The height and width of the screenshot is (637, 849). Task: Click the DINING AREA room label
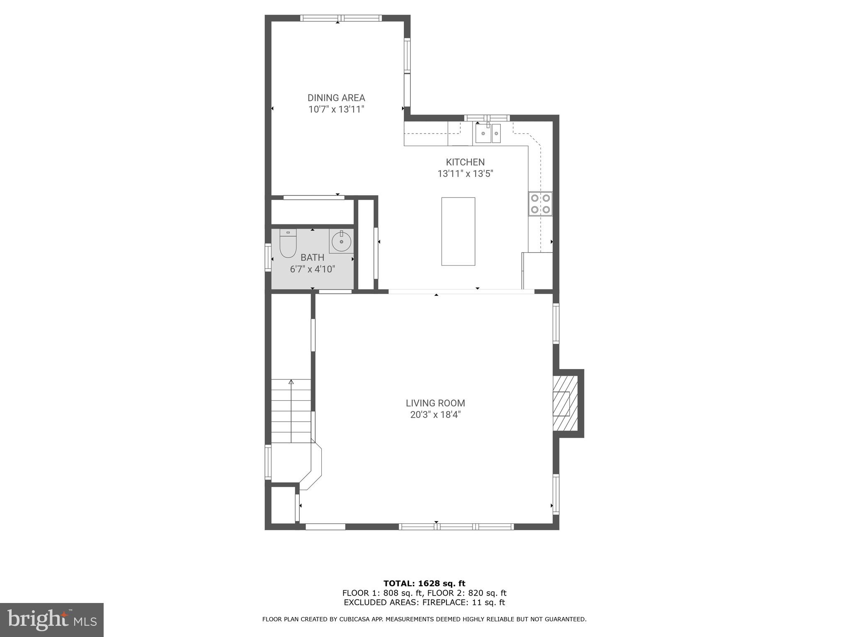(336, 98)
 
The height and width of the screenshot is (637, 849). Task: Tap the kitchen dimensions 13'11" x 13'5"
(465, 174)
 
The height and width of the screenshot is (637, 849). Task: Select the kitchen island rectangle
(458, 231)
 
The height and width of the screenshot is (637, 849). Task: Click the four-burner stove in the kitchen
(540, 204)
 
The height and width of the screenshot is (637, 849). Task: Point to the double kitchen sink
(488, 133)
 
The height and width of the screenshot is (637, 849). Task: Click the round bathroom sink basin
(342, 241)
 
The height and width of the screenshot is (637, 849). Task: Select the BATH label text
(312, 258)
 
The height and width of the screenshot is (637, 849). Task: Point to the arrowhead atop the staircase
(291, 382)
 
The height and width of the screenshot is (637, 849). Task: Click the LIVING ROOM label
(435, 403)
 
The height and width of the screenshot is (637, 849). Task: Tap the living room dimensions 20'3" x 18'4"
(435, 415)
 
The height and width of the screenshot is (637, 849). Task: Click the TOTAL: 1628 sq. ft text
(424, 584)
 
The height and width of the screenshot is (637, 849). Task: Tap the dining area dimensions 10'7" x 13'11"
(336, 109)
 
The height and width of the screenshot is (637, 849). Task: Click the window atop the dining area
(340, 18)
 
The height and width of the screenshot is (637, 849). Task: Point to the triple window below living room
(456, 527)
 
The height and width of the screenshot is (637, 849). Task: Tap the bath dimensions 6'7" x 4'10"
(312, 269)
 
